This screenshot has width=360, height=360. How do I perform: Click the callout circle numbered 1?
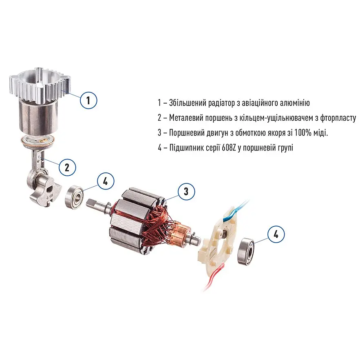(x=88, y=100)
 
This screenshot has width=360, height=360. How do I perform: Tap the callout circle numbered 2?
(x=67, y=168)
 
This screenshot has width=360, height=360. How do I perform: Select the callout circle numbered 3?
(x=186, y=191)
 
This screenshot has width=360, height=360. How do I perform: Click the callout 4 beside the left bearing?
(x=106, y=181)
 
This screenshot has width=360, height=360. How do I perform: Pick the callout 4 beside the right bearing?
(x=276, y=234)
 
